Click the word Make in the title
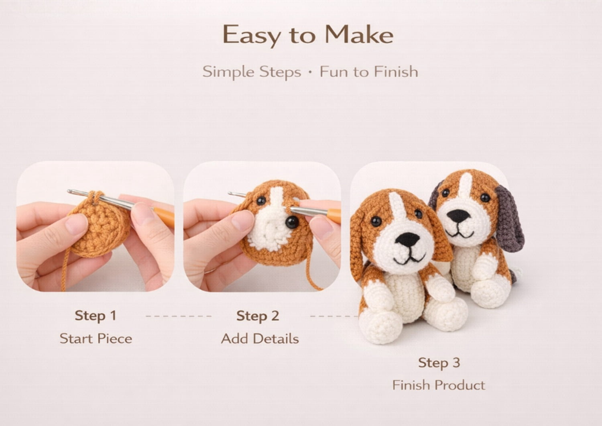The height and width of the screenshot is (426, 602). [359, 35]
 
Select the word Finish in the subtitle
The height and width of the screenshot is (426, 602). [396, 71]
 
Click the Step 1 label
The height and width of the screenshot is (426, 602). [96, 316]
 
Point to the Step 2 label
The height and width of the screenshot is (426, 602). [258, 316]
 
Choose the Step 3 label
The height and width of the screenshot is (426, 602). [439, 363]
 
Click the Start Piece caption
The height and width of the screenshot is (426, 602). [96, 338]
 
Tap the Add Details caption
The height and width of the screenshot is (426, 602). [260, 338]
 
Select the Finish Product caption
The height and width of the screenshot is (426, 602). [439, 385]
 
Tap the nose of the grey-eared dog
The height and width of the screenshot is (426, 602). [458, 216]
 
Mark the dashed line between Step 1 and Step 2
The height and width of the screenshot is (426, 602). [179, 316]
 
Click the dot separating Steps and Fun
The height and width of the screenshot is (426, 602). [310, 72]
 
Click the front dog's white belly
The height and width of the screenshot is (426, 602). [406, 296]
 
